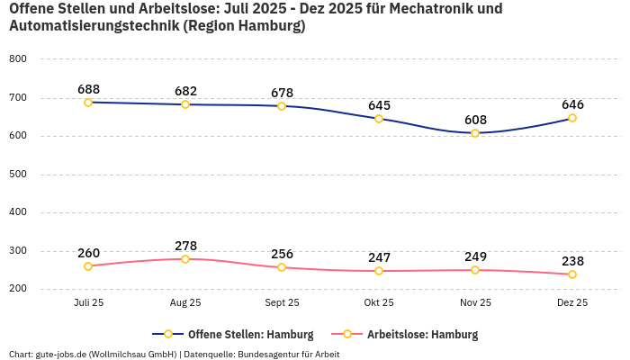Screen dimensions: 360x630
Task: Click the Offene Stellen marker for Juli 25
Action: coord(88,103)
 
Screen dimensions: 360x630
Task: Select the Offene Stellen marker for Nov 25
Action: coord(475,133)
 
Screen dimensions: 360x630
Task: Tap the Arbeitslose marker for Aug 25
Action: coord(185,259)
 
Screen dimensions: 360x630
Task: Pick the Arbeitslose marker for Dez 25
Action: coord(572,274)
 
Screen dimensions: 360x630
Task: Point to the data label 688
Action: coord(88,89)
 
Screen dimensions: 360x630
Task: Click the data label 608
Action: coord(475,120)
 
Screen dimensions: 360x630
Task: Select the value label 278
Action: coord(185,246)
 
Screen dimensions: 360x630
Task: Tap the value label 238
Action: coord(572,261)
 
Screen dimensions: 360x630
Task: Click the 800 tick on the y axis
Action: coord(18,59)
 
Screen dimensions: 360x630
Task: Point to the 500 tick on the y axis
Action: coord(18,175)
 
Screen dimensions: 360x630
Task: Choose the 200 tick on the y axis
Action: coord(18,289)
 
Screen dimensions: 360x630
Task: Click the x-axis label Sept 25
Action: coord(282,303)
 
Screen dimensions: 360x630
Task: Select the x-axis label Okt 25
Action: coord(379,303)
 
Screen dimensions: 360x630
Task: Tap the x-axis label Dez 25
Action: coord(572,303)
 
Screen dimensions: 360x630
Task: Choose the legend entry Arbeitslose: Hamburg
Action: coord(422,335)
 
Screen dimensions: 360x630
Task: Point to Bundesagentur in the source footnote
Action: coord(267,355)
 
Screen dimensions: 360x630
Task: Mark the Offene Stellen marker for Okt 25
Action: coord(379,119)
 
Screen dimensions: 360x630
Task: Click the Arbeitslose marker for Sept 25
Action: coord(282,267)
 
